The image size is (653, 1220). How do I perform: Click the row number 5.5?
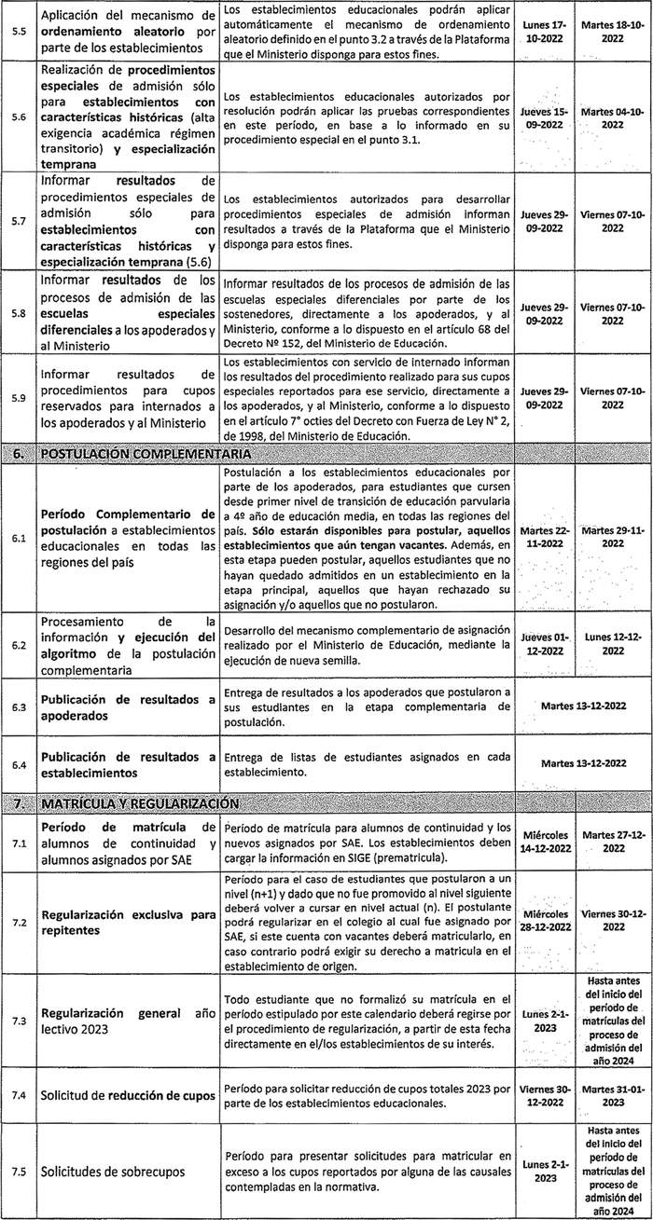pyautogui.click(x=16, y=31)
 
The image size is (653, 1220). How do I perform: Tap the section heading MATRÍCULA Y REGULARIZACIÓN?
pyautogui.click(x=140, y=803)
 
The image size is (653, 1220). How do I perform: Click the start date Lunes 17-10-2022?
pyautogui.click(x=547, y=31)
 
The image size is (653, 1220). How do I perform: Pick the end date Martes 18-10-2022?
pyautogui.click(x=613, y=31)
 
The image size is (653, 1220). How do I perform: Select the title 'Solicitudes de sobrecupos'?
pyautogui.click(x=104, y=1170)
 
